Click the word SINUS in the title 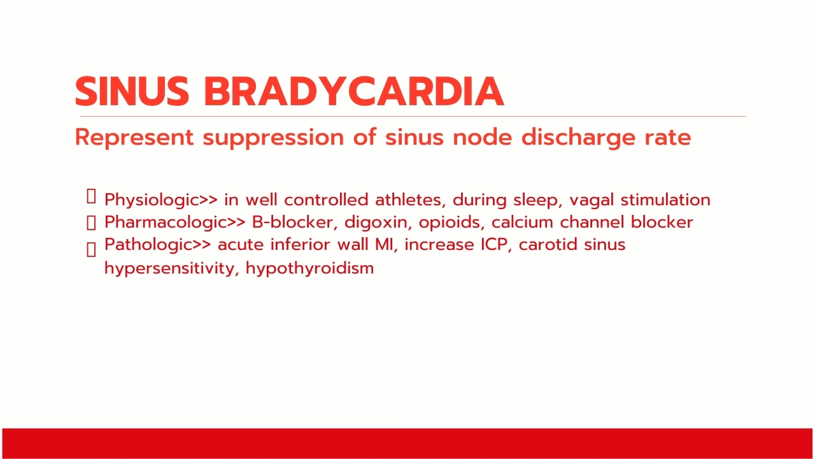(132, 91)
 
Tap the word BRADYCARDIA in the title (354, 91)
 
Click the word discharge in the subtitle (579, 138)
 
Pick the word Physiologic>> (161, 200)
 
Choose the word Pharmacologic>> (175, 222)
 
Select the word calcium (523, 222)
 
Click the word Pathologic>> (158, 245)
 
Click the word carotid (548, 244)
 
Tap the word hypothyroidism (310, 269)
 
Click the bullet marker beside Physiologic (91, 196)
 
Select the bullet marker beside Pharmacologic (91, 222)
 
